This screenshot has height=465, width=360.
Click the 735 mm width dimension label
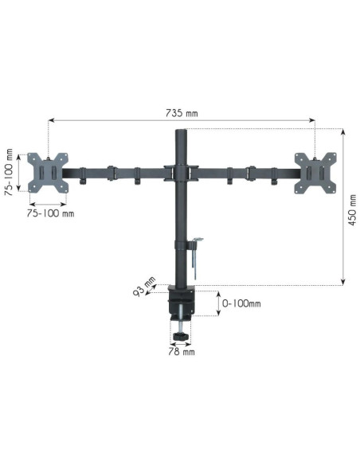click(182, 113)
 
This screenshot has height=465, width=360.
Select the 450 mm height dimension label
click(352, 210)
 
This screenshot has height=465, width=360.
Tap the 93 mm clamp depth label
click(144, 287)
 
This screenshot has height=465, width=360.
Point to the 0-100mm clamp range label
click(241, 303)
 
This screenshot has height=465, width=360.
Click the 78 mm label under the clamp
click(182, 352)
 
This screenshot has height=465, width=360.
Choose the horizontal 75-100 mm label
click(50, 213)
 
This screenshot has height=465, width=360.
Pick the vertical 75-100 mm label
click(9, 172)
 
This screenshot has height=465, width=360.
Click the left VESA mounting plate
click(48, 173)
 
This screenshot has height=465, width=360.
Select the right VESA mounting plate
click(315, 174)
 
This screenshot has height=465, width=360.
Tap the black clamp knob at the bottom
click(181, 336)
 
